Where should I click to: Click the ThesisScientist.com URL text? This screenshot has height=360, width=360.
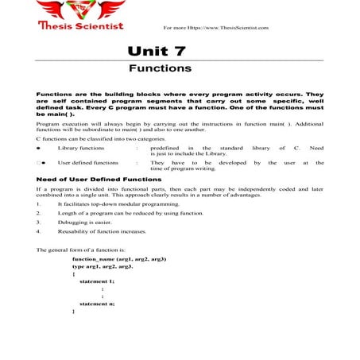tap(215, 28)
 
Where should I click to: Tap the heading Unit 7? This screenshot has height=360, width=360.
tap(157, 51)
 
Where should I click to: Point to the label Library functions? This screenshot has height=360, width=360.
tap(80, 149)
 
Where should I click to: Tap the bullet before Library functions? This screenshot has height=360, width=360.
tap(40, 149)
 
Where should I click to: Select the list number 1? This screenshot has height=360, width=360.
tap(39, 204)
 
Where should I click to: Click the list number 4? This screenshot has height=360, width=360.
tap(39, 232)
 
